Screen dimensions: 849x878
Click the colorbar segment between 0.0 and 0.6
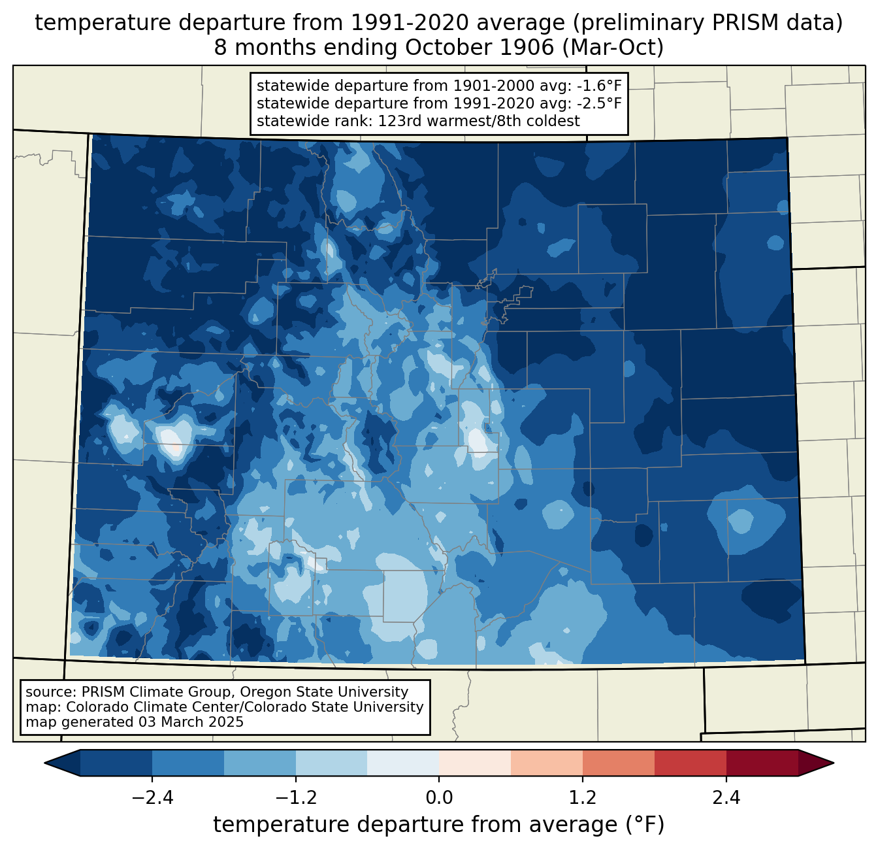475,763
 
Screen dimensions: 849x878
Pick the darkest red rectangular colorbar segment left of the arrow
762,763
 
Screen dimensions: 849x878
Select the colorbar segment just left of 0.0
403,763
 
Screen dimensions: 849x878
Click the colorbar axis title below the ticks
439,825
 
